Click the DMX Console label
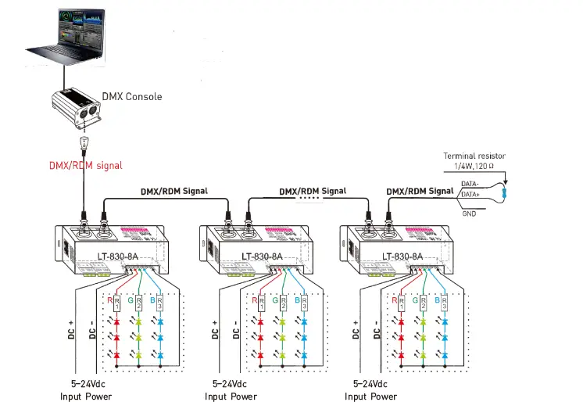click(132, 97)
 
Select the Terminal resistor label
click(474, 156)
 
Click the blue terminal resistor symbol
click(506, 192)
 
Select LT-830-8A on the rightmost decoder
click(403, 256)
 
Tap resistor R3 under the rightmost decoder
click(444, 302)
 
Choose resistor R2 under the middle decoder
click(281, 302)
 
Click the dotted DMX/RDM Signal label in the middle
click(313, 191)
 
